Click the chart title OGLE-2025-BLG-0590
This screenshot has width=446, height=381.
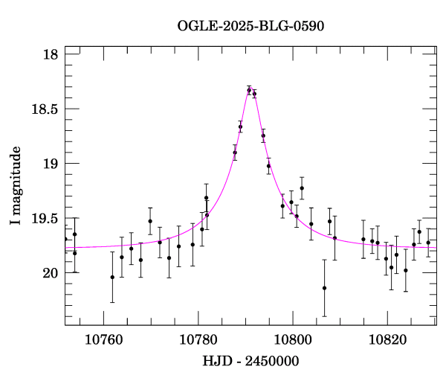251,26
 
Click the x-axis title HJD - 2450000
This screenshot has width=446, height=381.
251,362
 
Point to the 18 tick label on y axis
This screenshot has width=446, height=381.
51,54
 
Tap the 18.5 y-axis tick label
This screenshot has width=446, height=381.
44,109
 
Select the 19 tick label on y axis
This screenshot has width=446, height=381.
51,164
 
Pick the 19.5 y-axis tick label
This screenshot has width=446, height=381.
44,218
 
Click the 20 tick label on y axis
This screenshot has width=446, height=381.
51,273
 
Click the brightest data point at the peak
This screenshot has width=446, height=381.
249,90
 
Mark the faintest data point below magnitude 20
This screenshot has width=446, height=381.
324,288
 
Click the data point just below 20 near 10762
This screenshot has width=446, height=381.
112,277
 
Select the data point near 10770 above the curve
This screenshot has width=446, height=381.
150,221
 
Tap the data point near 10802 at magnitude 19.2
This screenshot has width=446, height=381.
302,188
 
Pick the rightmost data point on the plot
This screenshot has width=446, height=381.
428,243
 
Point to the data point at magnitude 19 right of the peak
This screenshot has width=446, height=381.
268,166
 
